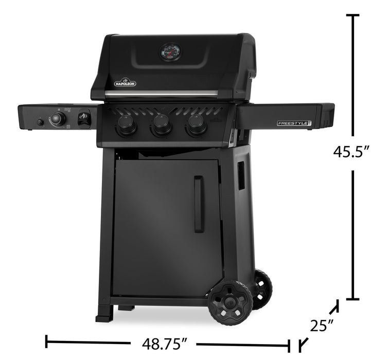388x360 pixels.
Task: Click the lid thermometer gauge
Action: pyautogui.click(x=169, y=52)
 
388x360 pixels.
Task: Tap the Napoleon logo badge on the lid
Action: pyautogui.click(x=125, y=81)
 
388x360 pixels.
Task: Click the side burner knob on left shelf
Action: pyautogui.click(x=58, y=119)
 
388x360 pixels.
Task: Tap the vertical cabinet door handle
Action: pyautogui.click(x=199, y=204)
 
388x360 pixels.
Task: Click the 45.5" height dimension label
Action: pyautogui.click(x=352, y=152)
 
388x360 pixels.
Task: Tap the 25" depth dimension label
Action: pyautogui.click(x=322, y=326)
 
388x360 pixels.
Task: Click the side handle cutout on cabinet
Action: pyautogui.click(x=241, y=176)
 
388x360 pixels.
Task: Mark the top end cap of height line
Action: pyautogui.click(x=352, y=16)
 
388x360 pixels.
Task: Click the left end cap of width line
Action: pyautogui.click(x=47, y=341)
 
